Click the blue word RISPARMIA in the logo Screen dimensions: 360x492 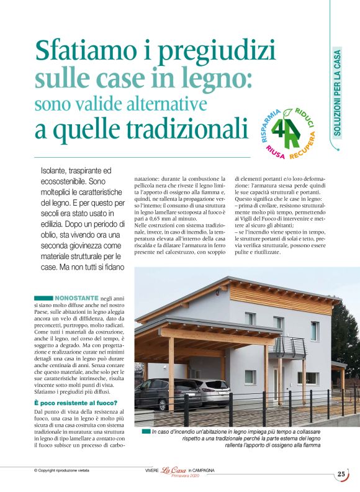coord(268,124)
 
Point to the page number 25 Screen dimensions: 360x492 coord(341,474)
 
